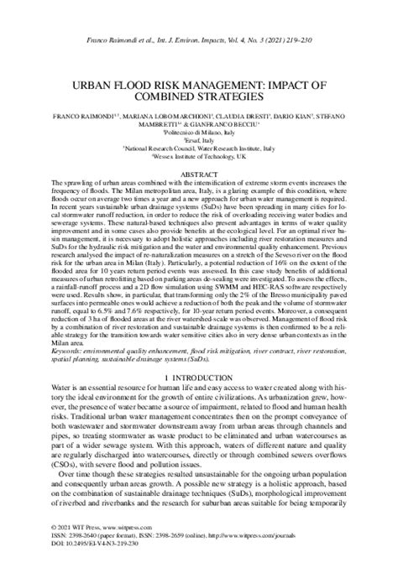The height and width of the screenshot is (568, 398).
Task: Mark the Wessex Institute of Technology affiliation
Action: (x=200, y=155)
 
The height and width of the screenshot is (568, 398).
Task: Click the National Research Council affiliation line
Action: (x=200, y=146)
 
